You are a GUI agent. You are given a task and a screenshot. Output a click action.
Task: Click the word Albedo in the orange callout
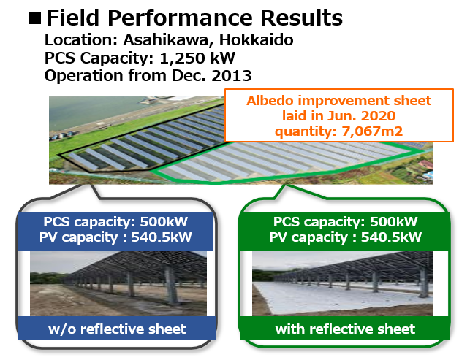(x=272, y=100)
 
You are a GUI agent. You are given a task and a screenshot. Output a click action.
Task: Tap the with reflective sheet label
(x=345, y=329)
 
